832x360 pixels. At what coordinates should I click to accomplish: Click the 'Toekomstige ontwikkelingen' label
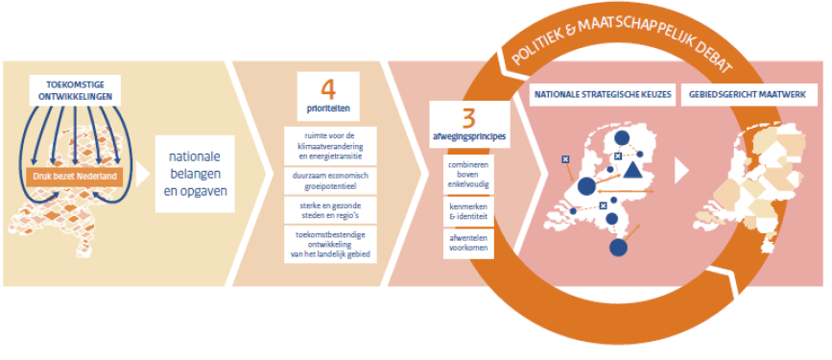[75, 89]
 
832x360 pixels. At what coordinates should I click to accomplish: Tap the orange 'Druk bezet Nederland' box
[75, 177]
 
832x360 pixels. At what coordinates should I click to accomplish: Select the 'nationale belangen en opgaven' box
[195, 174]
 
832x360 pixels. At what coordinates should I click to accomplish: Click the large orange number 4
[328, 91]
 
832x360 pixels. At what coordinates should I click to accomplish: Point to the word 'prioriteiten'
[328, 110]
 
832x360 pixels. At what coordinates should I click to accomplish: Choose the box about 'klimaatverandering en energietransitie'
[330, 146]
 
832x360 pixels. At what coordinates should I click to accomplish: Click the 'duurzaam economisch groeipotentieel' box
[330, 181]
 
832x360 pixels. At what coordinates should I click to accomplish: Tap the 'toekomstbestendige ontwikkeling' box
[330, 244]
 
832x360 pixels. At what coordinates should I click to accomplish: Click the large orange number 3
[468, 119]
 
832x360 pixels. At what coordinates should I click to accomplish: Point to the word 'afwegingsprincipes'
[469, 136]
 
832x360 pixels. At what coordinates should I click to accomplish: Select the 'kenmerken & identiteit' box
[468, 212]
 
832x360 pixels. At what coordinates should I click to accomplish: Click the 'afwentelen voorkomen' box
[468, 244]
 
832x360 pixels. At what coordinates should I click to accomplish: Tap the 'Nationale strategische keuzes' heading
[603, 94]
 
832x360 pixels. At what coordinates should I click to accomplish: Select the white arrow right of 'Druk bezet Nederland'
[143, 175]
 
